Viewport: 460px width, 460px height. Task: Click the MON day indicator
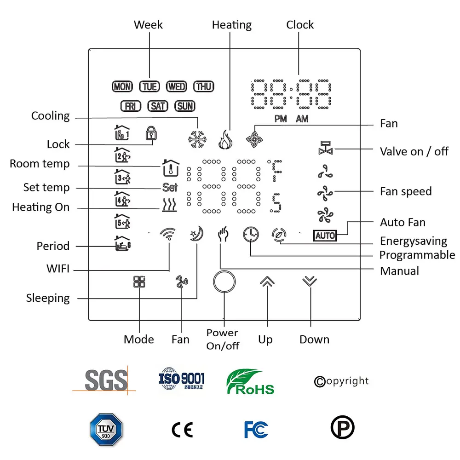122,86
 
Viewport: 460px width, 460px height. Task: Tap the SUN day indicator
185,106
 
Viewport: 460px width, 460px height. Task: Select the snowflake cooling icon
198,139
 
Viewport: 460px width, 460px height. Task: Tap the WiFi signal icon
168,235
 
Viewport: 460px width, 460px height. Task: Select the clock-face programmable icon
251,235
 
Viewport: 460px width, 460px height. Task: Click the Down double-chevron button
310,282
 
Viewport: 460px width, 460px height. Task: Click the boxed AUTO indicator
325,236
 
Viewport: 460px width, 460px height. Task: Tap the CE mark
182,429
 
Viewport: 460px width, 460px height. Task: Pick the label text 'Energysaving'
413,241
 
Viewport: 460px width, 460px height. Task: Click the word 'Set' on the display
170,188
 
